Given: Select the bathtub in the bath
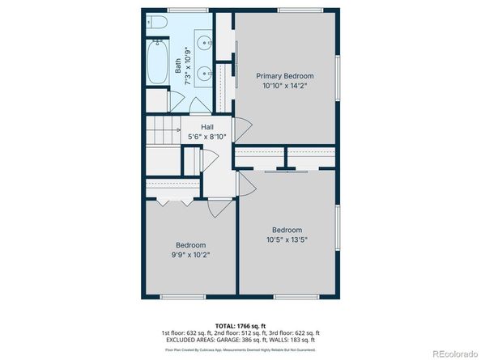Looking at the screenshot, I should pos(157,65).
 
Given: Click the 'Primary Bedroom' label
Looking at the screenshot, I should pos(285,75).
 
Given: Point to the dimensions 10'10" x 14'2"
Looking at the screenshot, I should pos(285,86).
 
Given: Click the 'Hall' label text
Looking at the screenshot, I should pos(207,126).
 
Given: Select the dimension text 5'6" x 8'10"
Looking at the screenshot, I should pos(207,137).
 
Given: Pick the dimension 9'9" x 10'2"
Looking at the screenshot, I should pos(191,255).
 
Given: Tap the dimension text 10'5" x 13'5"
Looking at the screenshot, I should pos(286,239).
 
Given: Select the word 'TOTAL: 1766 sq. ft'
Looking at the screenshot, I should pos(240,324).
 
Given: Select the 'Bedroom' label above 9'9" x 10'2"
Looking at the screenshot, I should pos(191,245).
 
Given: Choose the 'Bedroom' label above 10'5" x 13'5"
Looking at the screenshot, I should pos(286,229).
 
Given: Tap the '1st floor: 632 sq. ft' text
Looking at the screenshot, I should pos(187,332).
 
